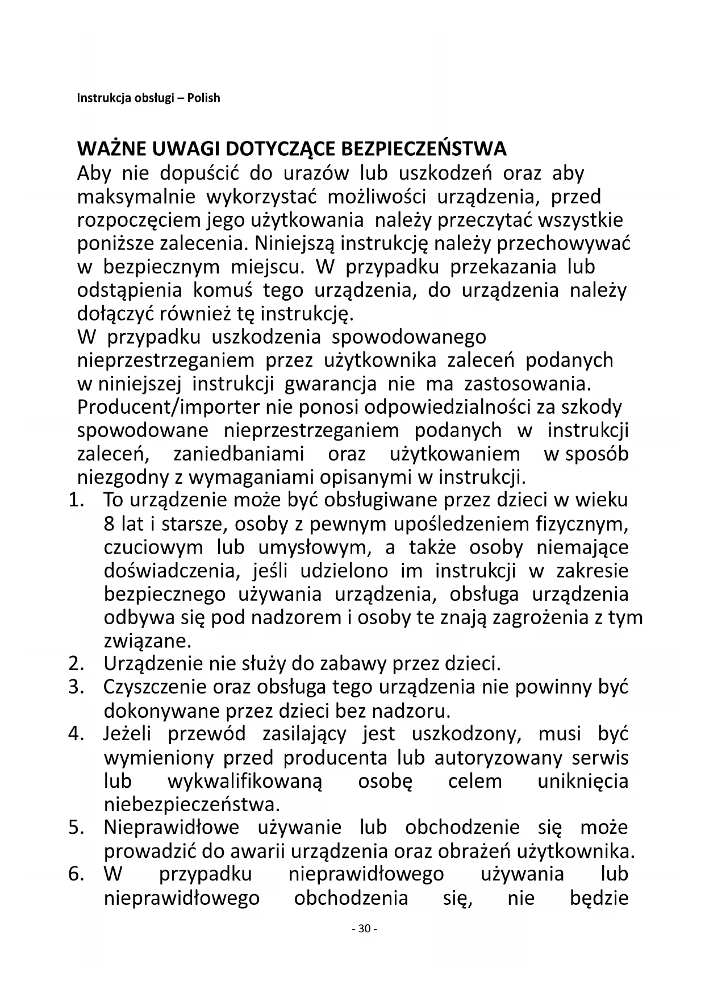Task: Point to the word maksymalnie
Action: point(136,197)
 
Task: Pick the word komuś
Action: point(223,290)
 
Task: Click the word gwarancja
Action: point(330,384)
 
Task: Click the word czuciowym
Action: point(153,547)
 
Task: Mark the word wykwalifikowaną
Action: point(244,781)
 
